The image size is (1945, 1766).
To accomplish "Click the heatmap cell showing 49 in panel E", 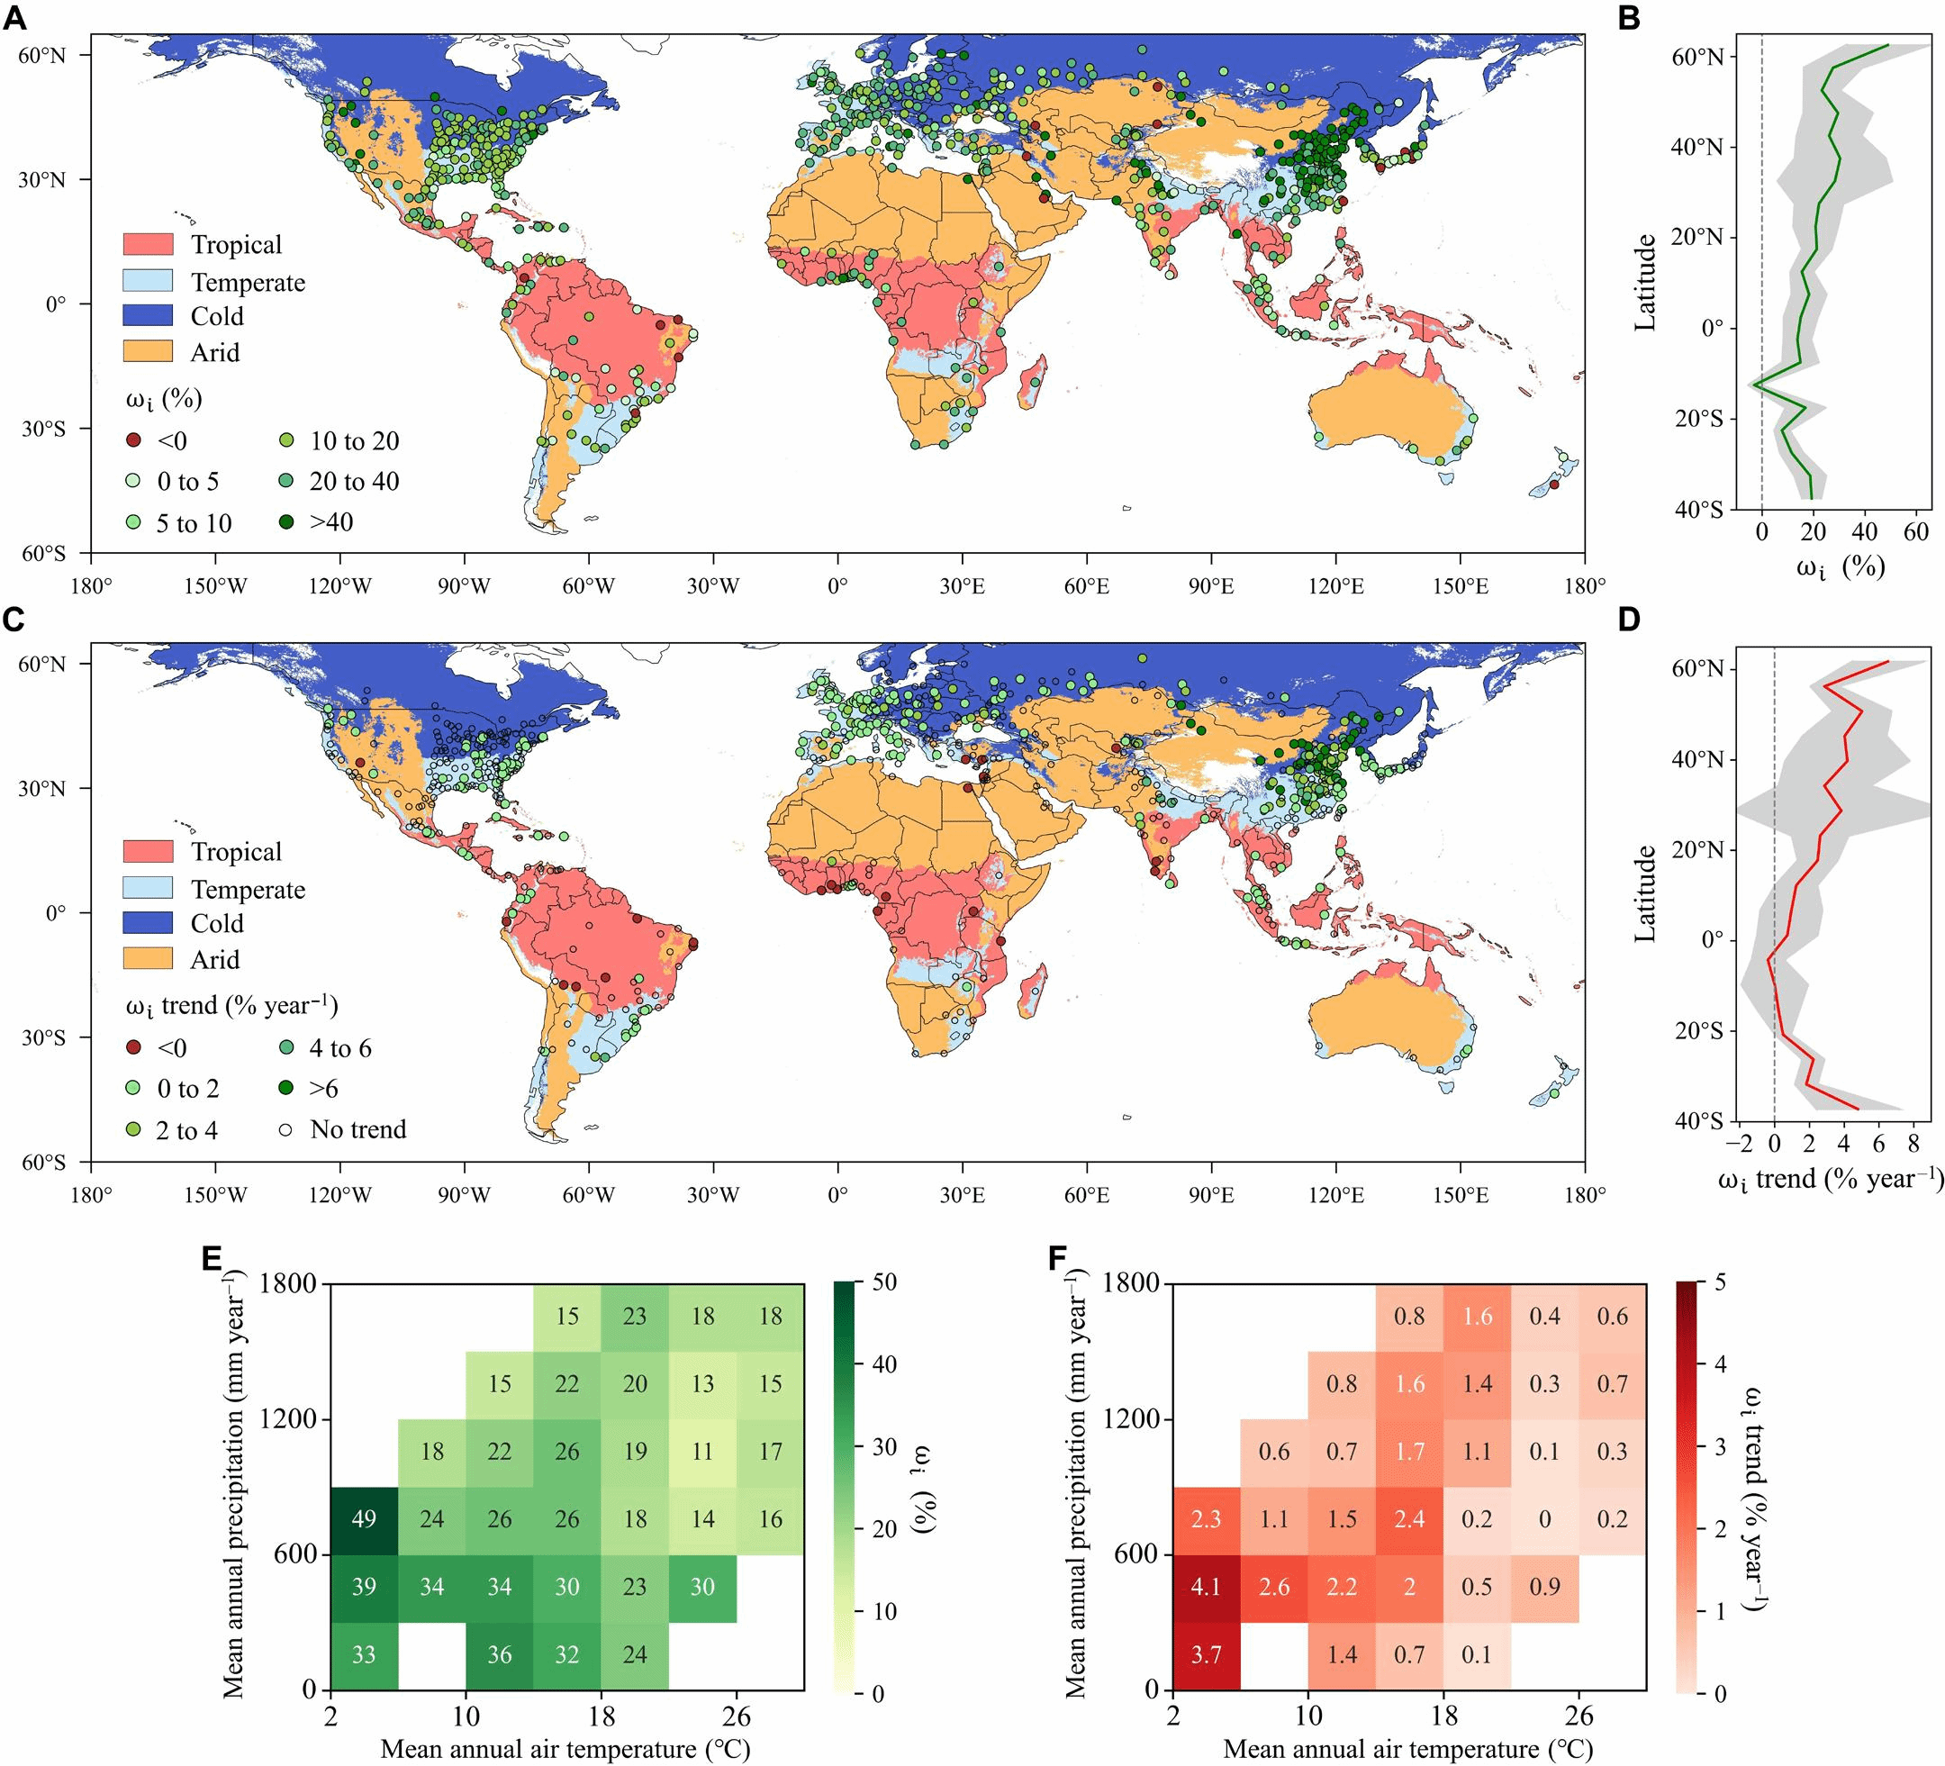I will (364, 1519).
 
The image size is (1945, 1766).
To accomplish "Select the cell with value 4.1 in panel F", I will (1206, 1587).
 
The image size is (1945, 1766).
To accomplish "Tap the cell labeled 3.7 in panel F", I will (1206, 1654).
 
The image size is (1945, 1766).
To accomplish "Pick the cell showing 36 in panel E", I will (499, 1654).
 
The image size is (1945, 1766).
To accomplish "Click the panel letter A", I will (14, 17).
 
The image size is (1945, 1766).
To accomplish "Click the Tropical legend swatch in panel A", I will (148, 244).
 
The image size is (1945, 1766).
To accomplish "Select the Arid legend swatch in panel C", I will (148, 958).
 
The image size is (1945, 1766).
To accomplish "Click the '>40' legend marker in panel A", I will (134, 522).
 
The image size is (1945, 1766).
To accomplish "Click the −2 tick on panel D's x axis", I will (1740, 1145).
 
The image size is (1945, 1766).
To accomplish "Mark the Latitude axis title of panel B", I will (1645, 282).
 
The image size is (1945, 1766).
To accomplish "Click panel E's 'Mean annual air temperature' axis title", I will (565, 1749).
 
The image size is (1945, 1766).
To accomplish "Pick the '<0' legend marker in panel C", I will (134, 1048).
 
